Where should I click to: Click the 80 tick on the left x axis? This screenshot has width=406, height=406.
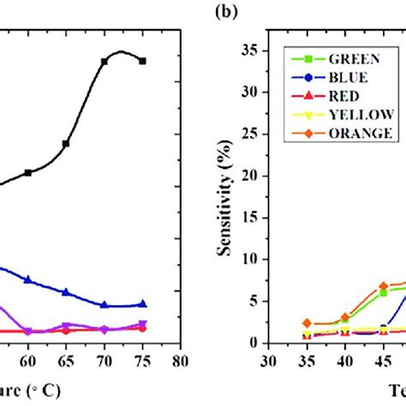pyautogui.click(x=181, y=360)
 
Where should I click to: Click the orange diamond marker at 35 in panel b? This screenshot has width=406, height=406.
pyautogui.click(x=306, y=323)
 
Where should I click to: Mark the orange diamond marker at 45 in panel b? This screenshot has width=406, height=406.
pyautogui.click(x=384, y=286)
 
